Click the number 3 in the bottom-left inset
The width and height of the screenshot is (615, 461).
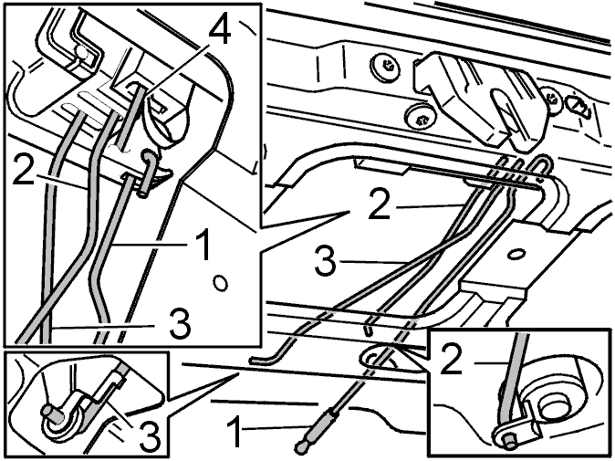coord(150,435)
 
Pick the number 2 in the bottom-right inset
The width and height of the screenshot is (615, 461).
coord(452,358)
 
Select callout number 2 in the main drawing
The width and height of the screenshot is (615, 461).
coord(380,204)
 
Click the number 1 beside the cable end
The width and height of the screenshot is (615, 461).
coord(235,433)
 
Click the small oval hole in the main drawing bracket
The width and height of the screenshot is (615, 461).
coord(517,255)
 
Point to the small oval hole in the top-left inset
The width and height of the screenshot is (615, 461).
coord(221,283)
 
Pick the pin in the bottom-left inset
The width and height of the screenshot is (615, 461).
coord(51,414)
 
